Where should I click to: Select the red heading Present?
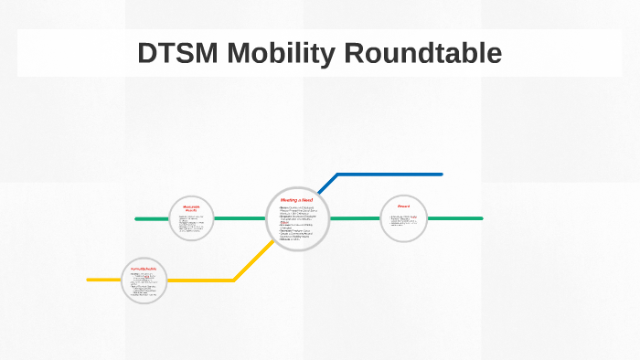(403, 206)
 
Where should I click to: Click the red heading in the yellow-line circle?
(144, 268)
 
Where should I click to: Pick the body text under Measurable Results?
(191, 224)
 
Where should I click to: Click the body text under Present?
(403, 222)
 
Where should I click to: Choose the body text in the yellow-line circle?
(144, 284)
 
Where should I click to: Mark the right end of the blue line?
(441, 174)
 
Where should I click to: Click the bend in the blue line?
(337, 174)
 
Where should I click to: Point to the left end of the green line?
(136, 219)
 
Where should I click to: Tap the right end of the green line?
(481, 218)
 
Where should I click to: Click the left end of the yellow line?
(89, 280)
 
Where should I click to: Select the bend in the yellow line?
(235, 280)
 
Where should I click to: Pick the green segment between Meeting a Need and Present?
(355, 218)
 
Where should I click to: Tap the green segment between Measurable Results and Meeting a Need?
(240, 218)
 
